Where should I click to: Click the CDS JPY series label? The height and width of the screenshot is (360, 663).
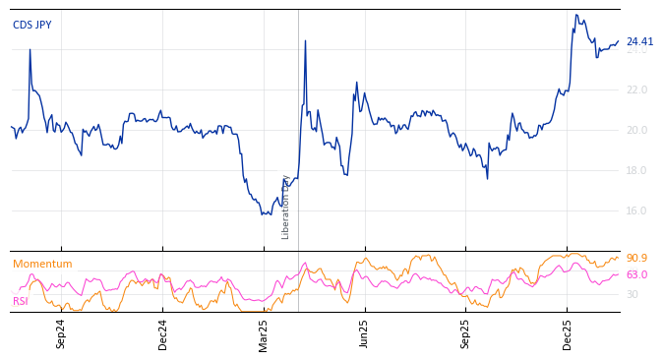31,26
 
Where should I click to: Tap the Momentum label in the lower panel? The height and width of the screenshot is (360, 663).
42,265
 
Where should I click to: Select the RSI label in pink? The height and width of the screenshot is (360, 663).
21,301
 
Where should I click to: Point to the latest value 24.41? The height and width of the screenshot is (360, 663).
639,42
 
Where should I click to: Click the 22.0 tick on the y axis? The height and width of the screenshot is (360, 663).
636,90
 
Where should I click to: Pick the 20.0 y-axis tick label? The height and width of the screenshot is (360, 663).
636,131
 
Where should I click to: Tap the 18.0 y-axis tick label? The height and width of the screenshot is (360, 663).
636,171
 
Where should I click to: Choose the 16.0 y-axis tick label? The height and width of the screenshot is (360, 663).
636,211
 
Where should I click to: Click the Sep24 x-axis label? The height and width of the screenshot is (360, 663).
61,333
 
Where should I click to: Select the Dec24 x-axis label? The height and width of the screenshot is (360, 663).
163,333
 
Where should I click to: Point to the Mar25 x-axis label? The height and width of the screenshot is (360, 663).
264,333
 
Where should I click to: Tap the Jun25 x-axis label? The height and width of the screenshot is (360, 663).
365,333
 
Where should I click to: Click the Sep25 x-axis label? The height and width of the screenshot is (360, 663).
466,333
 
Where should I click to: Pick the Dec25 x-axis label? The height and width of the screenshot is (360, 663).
568,333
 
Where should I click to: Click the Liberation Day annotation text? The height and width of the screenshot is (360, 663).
286,207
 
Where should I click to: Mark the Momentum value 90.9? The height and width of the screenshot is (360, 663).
636,259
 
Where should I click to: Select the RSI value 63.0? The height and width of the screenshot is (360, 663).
636,275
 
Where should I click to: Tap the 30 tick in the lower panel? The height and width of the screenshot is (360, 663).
633,295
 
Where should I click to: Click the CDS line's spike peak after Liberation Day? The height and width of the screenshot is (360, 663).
305,41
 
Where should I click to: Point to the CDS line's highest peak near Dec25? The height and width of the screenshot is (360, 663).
576,15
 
